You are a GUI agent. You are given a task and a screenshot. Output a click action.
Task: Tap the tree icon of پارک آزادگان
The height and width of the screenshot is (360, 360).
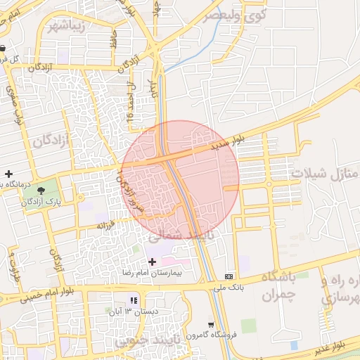(x=38, y=190)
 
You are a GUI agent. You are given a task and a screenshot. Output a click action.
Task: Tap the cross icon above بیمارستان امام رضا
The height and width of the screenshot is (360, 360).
(x=152, y=262)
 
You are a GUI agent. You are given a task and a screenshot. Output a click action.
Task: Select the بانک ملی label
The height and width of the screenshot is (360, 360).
(x=229, y=287)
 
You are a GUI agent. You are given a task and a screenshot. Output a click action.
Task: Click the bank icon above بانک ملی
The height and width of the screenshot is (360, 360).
(x=229, y=276)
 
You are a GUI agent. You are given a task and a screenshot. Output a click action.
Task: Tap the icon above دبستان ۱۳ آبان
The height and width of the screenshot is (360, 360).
(x=134, y=301)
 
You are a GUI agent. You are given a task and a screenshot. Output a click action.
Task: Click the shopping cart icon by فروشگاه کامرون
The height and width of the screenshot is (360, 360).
(x=212, y=324)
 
